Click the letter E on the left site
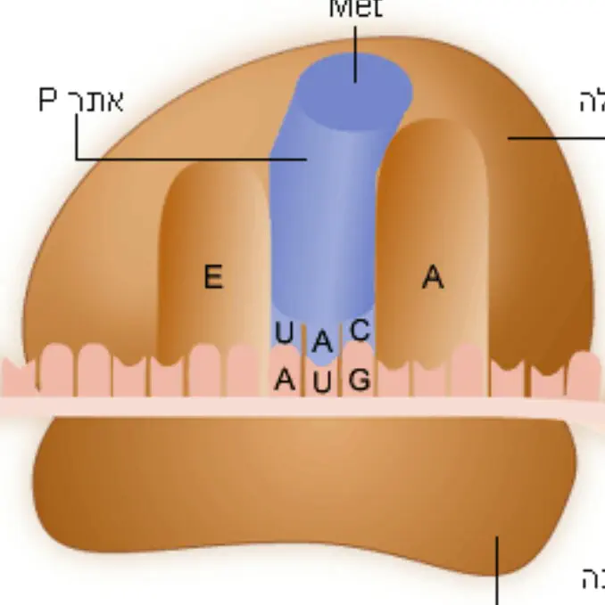(212, 277)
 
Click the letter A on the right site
(433, 278)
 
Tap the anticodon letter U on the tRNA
(284, 334)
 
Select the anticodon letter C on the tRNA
(360, 331)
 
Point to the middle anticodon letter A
(322, 339)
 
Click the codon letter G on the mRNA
(360, 380)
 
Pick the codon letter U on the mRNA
(322, 384)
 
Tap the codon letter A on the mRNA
(284, 380)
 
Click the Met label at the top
(355, 9)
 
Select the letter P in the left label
(47, 101)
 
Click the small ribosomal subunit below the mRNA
(303, 499)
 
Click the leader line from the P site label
(178, 159)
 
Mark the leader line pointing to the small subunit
(496, 570)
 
